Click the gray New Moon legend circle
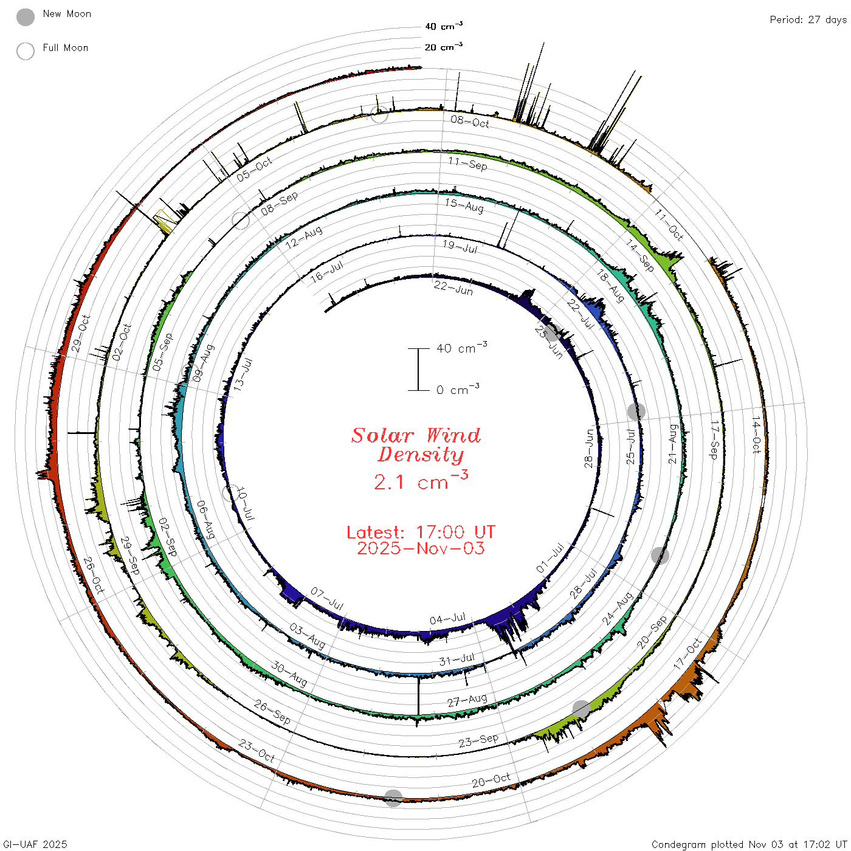[x=25, y=17]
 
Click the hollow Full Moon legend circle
[x=25, y=51]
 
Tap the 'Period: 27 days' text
[x=808, y=20]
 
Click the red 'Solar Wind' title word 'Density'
[x=420, y=455]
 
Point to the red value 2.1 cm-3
[x=421, y=480]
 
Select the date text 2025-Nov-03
[x=421, y=548]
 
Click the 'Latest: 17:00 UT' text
[x=421, y=532]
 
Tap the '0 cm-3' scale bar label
[x=458, y=389]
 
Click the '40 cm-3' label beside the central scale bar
[x=461, y=347]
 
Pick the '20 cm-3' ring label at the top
[x=443, y=46]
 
